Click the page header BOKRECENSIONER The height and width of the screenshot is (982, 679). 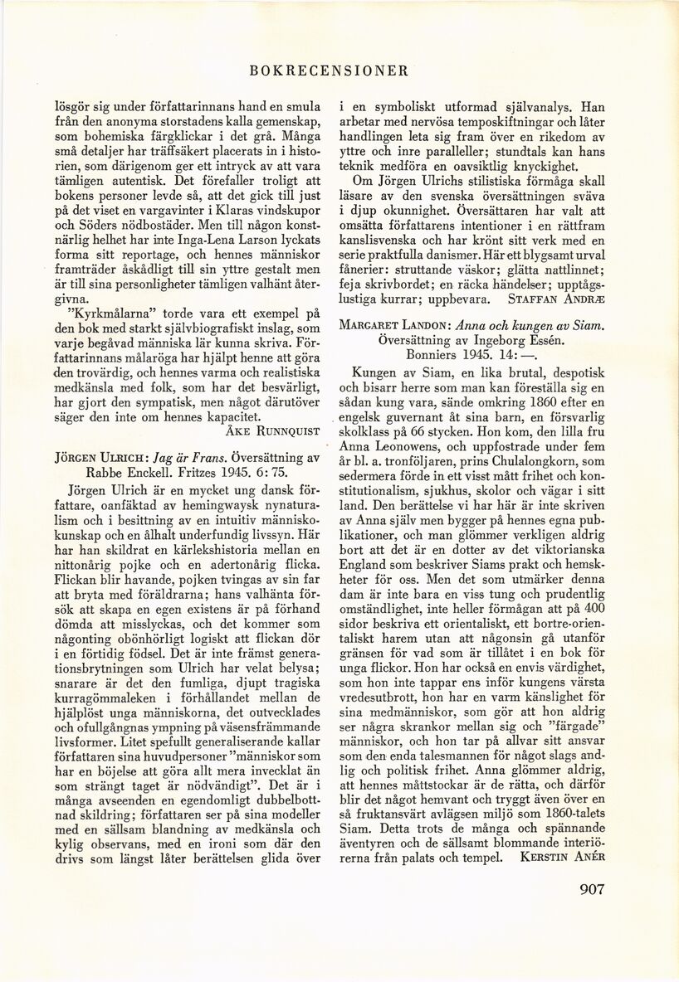tap(329, 70)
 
